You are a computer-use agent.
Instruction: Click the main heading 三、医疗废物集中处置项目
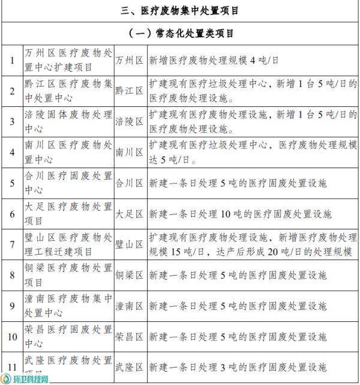[180, 11]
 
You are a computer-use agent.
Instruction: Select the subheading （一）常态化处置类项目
[180, 33]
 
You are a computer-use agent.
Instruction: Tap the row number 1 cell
[11, 60]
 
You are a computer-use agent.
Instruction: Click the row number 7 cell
[11, 244]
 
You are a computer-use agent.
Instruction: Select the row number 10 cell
[11, 336]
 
